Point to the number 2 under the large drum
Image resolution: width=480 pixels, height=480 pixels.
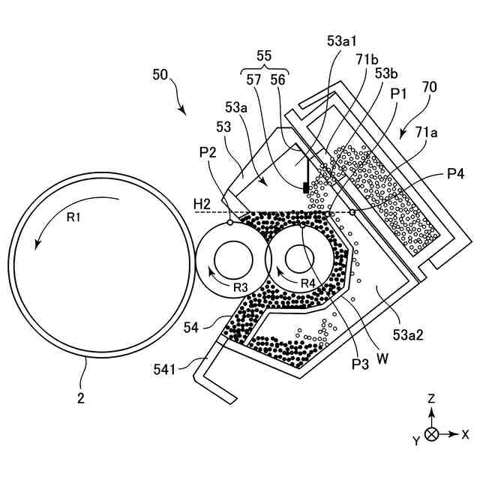(80, 397)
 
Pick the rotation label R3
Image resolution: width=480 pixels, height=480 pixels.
(239, 288)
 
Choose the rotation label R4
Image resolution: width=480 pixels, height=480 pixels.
(307, 283)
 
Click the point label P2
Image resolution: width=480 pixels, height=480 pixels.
(208, 153)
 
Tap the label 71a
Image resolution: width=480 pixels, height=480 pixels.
(427, 132)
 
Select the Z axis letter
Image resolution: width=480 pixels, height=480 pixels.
(431, 400)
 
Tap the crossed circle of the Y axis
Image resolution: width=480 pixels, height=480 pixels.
(431, 434)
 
